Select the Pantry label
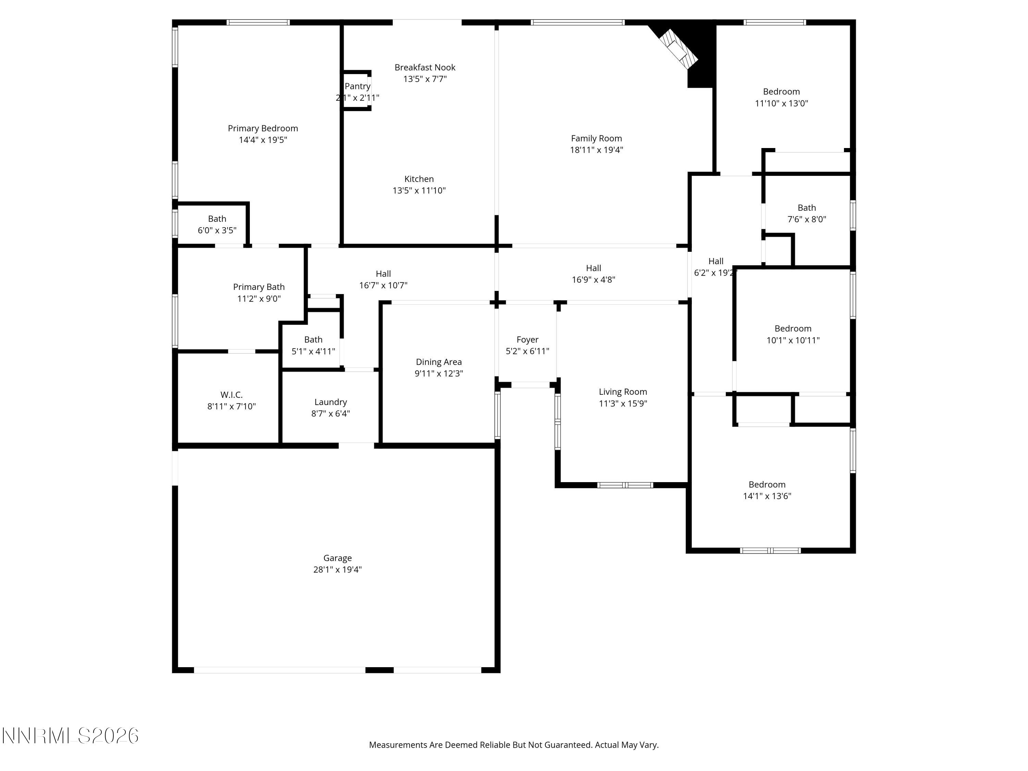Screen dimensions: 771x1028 pyautogui.click(x=357, y=86)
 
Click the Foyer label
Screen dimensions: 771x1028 pyautogui.click(x=527, y=340)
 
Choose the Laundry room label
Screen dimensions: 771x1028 pyautogui.click(x=330, y=402)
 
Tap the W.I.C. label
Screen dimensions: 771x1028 pyautogui.click(x=231, y=394)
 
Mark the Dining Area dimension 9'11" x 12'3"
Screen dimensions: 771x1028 pyautogui.click(x=439, y=374)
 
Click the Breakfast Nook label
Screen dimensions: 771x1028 pyautogui.click(x=425, y=68)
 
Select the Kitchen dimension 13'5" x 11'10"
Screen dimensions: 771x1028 pyautogui.click(x=419, y=191)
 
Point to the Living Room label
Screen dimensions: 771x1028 pyautogui.click(x=623, y=392)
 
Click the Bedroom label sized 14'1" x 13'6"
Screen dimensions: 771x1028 pyautogui.click(x=767, y=484)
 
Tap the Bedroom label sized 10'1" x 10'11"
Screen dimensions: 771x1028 pyautogui.click(x=793, y=329)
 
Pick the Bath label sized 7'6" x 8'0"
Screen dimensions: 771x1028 pyautogui.click(x=807, y=208)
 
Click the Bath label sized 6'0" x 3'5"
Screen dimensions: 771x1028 pyautogui.click(x=217, y=218)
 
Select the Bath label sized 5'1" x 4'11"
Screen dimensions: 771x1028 pyautogui.click(x=313, y=340)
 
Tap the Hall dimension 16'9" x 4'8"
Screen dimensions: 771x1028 pyautogui.click(x=593, y=280)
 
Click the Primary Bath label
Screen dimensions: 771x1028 pyautogui.click(x=259, y=287)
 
